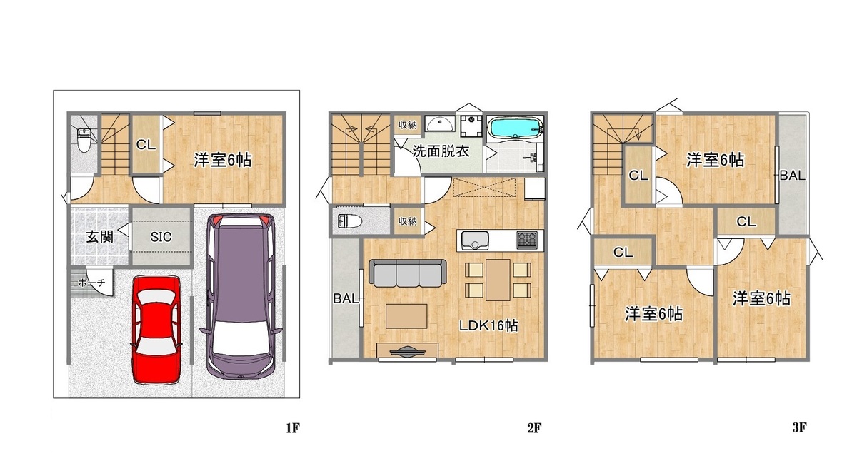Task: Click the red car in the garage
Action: [156, 329]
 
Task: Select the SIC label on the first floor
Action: [161, 237]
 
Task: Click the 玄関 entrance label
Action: [99, 237]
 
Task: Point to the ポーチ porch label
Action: [91, 283]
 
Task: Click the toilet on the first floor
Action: [84, 140]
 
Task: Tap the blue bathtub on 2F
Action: [515, 127]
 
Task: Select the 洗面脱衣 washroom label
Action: [441, 151]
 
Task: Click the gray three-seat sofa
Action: [408, 273]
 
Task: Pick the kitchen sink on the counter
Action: [475, 240]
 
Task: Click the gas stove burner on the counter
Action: [527, 240]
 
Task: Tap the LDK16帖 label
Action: [488, 325]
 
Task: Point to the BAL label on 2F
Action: [346, 298]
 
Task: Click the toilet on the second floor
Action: [350, 221]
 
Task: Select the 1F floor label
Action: [293, 427]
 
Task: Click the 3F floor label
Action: [799, 427]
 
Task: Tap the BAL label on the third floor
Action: [792, 176]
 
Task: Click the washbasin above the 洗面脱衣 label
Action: [440, 124]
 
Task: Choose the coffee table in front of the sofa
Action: [406, 316]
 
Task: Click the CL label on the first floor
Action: [146, 145]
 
